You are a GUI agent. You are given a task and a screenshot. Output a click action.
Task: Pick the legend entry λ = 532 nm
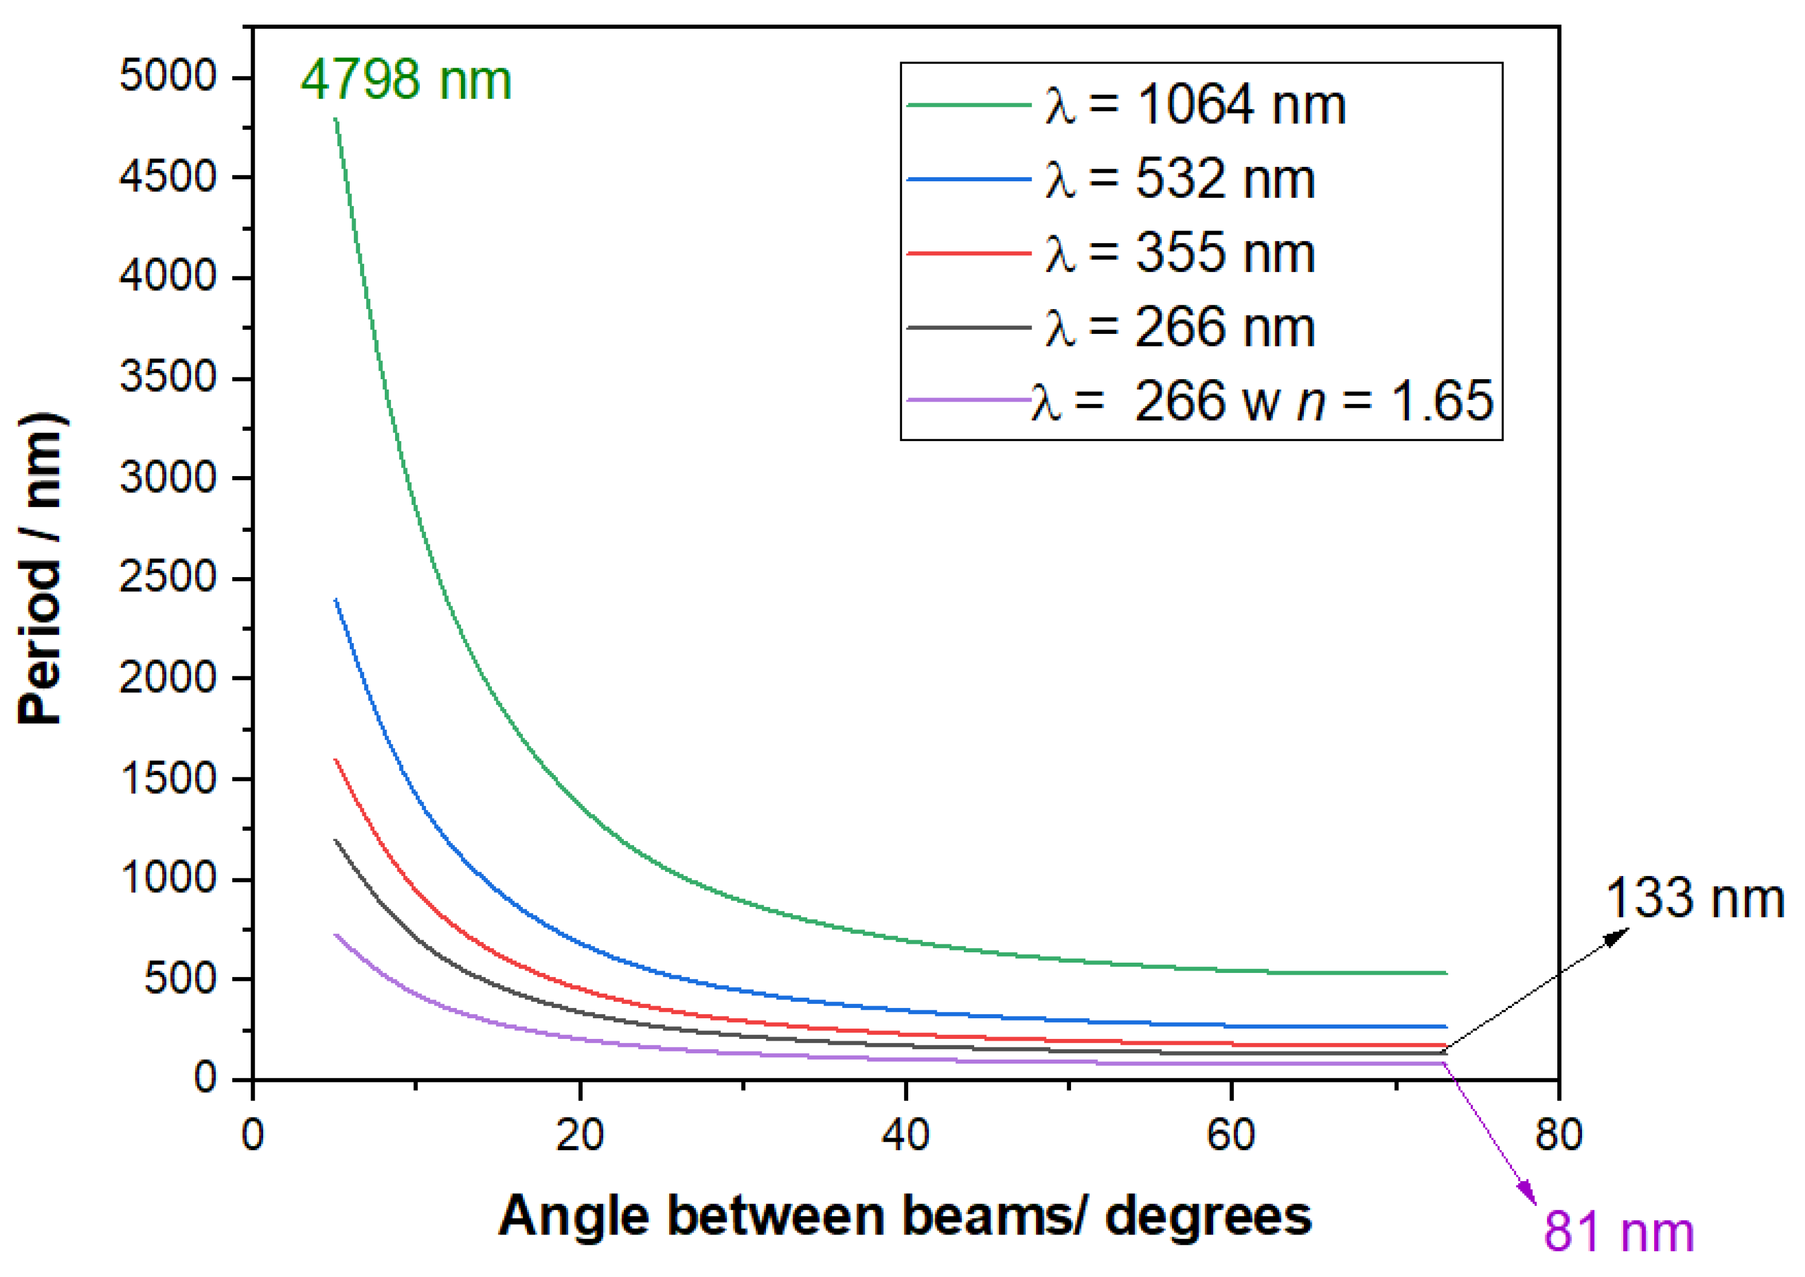tap(1179, 180)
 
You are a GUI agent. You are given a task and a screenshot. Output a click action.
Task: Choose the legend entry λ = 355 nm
tap(1179, 253)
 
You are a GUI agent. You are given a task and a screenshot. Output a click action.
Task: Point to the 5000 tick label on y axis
tap(167, 76)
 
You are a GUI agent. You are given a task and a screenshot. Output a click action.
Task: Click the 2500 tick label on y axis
tap(167, 577)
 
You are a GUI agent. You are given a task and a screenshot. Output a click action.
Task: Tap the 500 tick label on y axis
tap(180, 979)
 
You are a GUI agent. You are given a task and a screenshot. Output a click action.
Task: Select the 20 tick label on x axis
tap(579, 1135)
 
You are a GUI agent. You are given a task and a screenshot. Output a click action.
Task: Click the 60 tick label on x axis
tap(1231, 1135)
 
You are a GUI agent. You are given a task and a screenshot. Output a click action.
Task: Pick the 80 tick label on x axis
tap(1558, 1135)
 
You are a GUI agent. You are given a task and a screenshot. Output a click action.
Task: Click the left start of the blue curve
tap(337, 601)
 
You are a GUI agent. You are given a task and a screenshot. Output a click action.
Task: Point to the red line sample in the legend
tap(968, 253)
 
